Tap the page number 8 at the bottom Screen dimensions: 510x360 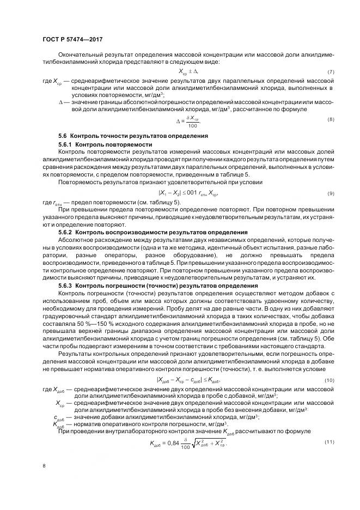[44, 465]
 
